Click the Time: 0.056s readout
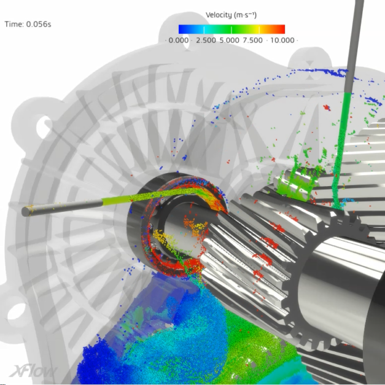point(28,25)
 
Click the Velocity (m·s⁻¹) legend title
point(231,15)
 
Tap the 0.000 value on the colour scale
point(179,41)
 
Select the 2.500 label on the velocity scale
point(206,41)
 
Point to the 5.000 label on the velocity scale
point(229,41)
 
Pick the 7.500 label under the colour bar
point(252,41)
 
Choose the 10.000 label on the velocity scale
point(282,41)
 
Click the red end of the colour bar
point(281,29)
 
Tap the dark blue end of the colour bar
point(182,29)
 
